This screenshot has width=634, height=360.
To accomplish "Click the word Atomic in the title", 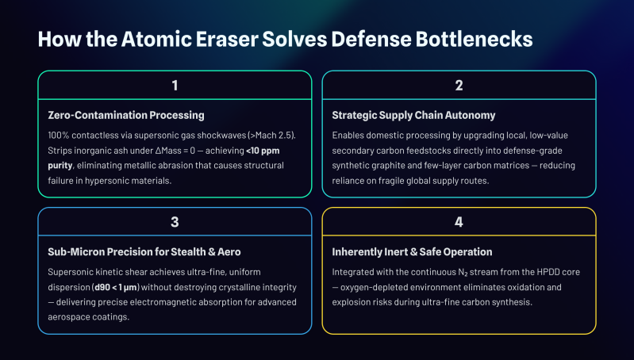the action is pos(156,39).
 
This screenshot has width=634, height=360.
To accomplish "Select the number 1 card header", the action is pos(175,86).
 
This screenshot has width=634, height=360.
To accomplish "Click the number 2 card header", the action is pos(459,86).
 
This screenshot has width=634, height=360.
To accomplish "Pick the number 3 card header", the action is pos(175,222).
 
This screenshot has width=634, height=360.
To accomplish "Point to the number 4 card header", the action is pos(459,222).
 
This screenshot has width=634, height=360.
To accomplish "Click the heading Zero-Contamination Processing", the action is pos(126,115).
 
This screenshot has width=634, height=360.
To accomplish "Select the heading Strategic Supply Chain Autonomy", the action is pos(413,115).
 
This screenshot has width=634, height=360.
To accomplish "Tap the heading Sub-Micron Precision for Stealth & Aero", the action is pos(144,251).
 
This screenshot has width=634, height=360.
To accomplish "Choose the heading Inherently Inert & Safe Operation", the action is pos(412,251).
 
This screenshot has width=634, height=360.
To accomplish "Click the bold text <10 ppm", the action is pos(263,151).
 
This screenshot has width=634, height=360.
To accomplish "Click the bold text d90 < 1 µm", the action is pos(116,287).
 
